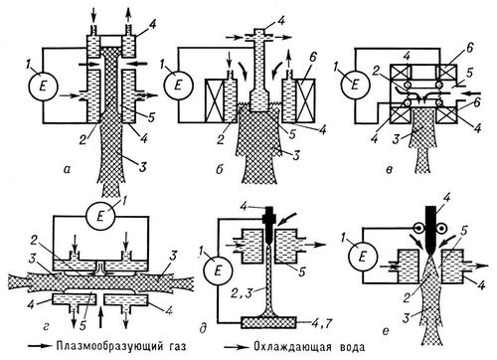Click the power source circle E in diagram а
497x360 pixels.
pyautogui.click(x=44, y=87)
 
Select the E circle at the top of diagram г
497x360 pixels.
pyautogui.click(x=100, y=217)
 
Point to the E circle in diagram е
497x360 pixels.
pyautogui.click(x=363, y=257)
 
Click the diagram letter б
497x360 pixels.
pyautogui.click(x=219, y=170)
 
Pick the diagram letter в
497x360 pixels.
pyautogui.click(x=390, y=170)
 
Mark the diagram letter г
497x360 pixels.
pyautogui.click(x=46, y=327)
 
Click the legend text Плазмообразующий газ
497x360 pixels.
pyautogui.click(x=120, y=347)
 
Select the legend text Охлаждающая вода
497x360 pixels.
pyautogui.click(x=309, y=347)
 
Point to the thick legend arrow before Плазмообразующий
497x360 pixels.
pyautogui.click(x=40, y=346)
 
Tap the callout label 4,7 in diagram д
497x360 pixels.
pyautogui.click(x=317, y=322)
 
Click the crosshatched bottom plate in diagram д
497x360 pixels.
pyautogui.click(x=268, y=322)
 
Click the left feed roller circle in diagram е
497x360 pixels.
pyautogui.click(x=418, y=228)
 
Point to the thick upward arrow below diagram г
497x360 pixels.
pyautogui.click(x=101, y=317)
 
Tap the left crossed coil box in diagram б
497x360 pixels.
pyautogui.click(x=215, y=100)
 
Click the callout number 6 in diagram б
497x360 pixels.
pyautogui.click(x=312, y=58)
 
